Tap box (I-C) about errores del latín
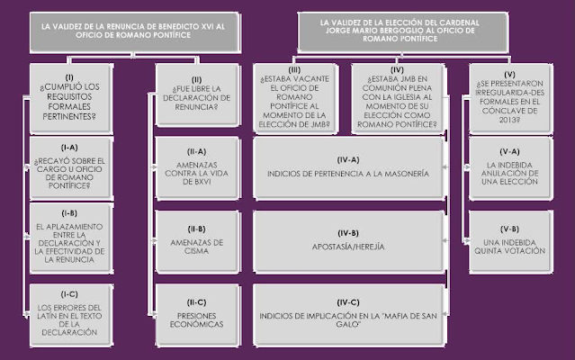point(69,314)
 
